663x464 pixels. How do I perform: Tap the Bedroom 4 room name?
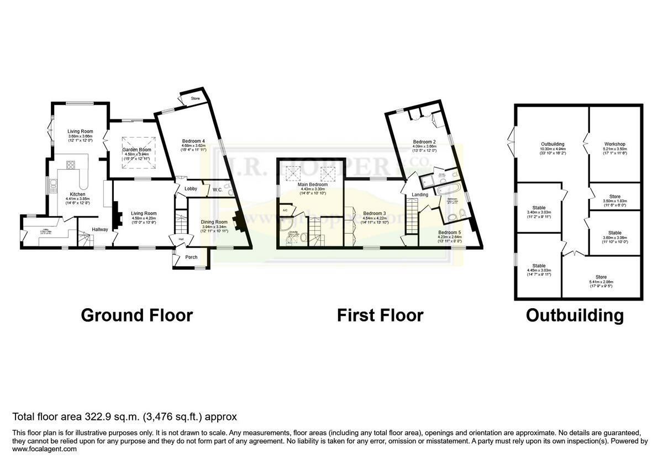193,141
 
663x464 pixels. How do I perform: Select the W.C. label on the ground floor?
218,190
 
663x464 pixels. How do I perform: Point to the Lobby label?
191,189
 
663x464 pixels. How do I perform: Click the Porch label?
191,257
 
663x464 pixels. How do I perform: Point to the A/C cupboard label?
285,210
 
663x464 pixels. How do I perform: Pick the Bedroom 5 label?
449,233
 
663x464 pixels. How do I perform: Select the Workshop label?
614,144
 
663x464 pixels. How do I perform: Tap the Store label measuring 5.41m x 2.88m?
601,277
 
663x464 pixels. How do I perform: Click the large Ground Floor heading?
136,315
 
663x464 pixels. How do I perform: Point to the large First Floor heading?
380,315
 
